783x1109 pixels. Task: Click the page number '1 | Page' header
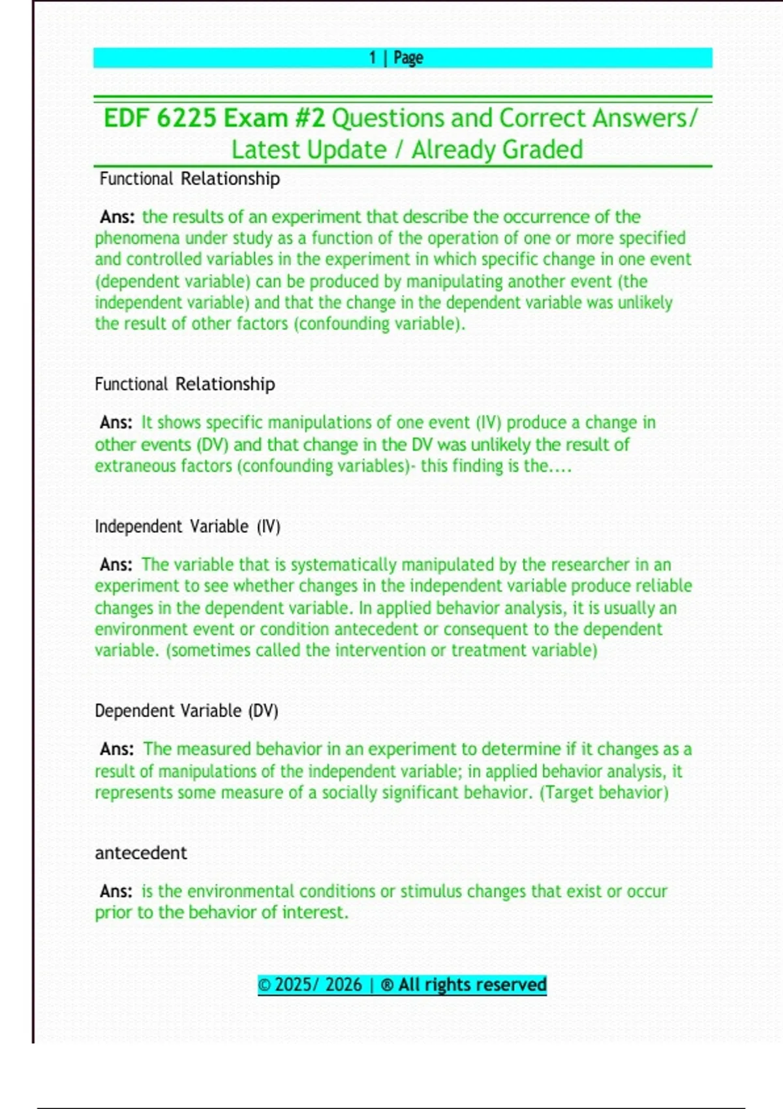click(396, 58)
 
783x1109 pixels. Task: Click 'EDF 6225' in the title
click(160, 119)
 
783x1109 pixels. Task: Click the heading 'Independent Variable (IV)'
click(187, 526)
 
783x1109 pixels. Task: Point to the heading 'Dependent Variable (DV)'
click(186, 711)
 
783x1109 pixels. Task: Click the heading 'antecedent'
click(141, 853)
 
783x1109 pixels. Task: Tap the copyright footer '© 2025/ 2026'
click(310, 985)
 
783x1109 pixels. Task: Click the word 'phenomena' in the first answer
click(136, 238)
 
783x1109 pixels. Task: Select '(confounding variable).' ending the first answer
click(379, 324)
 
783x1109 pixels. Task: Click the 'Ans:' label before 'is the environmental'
click(116, 892)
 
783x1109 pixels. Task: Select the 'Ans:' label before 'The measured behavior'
click(117, 750)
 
